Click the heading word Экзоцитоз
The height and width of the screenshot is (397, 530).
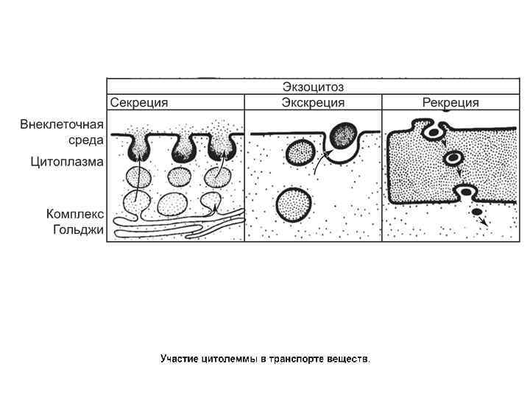pos(314,86)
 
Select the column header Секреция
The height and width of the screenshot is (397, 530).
pos(140,102)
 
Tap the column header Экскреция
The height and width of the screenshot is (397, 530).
pos(314,102)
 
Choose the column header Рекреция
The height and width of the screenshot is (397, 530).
pos(451,102)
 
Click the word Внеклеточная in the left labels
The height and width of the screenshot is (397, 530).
pos(62,124)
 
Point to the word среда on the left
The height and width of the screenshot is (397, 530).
pos(87,140)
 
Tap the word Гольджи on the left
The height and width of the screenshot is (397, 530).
pos(78,229)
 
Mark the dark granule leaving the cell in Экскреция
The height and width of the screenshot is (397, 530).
pos(343,135)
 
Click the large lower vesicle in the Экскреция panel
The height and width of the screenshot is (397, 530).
pos(292,204)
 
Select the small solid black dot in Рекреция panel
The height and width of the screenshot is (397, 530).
pos(476,212)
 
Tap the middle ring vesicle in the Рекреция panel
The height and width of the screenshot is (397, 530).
pos(455,159)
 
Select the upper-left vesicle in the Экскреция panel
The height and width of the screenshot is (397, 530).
pos(300,153)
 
